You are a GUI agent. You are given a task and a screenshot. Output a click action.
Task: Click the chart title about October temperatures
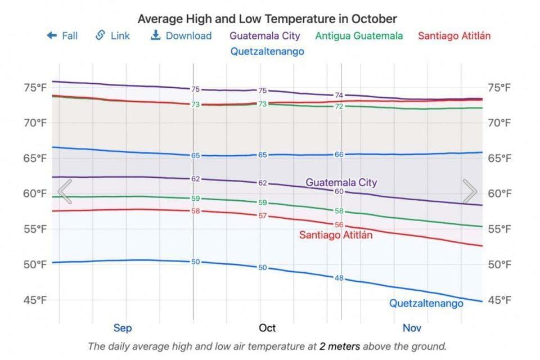267,19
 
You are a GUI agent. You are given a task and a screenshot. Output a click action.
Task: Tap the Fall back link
62,36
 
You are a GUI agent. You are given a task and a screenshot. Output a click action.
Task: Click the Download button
181,36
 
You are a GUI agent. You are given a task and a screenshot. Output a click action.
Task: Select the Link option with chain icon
112,36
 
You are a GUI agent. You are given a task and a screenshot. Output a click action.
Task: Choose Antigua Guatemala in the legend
359,36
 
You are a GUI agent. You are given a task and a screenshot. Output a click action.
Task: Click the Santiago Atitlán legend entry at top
454,36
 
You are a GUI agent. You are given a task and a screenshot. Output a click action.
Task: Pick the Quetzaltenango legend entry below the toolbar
267,51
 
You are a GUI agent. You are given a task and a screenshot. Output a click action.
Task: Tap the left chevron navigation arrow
65,192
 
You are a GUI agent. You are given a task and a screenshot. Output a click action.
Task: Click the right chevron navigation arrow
470,192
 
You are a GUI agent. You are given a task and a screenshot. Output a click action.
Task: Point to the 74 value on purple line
339,95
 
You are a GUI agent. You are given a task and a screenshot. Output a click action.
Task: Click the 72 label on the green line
339,106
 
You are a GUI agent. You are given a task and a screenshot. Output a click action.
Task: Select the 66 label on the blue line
339,154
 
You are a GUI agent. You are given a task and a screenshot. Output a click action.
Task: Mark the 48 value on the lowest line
339,278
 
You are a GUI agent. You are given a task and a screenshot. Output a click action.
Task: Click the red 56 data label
339,224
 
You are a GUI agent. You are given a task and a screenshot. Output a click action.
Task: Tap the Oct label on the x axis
267,328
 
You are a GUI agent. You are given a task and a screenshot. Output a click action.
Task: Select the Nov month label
412,328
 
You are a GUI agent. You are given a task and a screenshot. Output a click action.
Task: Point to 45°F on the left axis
35,300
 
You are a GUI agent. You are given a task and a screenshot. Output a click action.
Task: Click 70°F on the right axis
499,123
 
